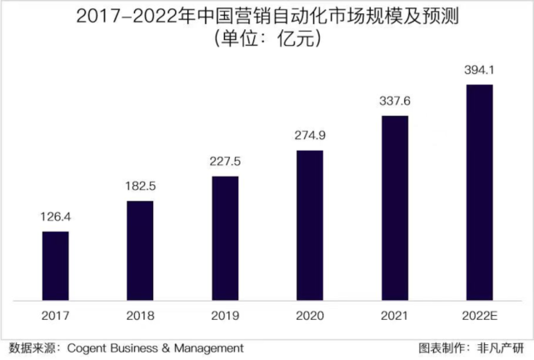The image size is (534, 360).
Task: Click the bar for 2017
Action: [55, 265]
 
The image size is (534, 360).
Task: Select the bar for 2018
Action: [140, 250]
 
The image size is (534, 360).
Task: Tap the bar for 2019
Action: [225, 237]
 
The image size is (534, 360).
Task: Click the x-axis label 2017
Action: [55, 317]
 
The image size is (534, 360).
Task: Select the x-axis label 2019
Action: [225, 317]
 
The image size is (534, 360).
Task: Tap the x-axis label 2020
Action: [309, 317]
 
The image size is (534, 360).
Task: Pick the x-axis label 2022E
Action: [479, 317]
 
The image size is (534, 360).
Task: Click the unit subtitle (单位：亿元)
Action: [267, 39]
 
